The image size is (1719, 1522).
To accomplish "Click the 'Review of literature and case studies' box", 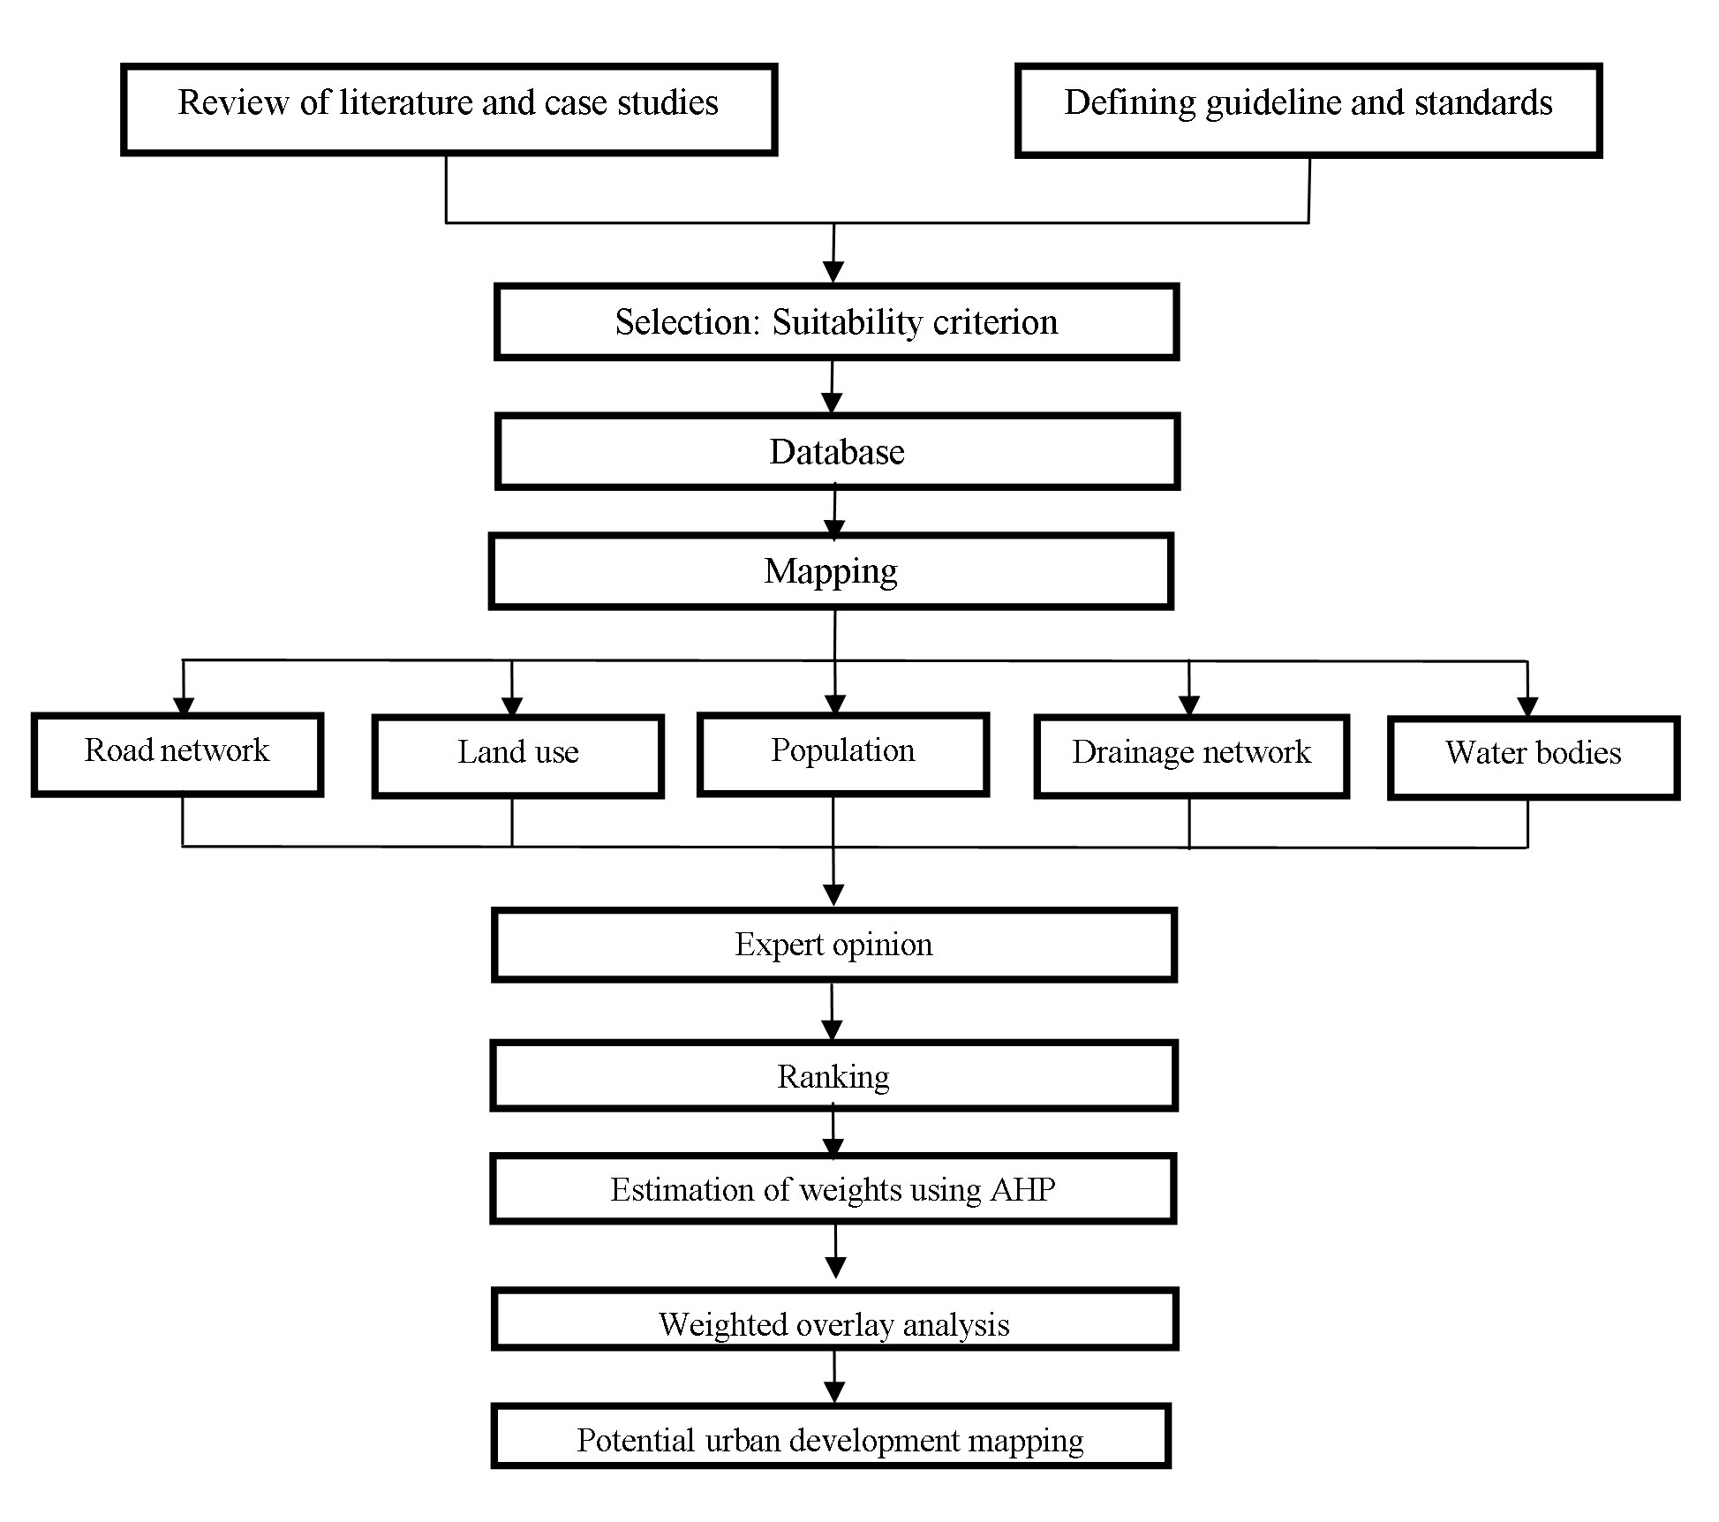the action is click(x=449, y=109).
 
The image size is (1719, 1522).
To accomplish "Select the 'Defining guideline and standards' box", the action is click(x=1308, y=110).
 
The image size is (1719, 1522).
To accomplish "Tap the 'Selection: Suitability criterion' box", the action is click(x=836, y=321).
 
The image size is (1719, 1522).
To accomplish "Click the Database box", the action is click(x=837, y=451).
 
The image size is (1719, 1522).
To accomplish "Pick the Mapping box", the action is click(x=831, y=571).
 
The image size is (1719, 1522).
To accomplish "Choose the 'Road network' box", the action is click(x=177, y=755).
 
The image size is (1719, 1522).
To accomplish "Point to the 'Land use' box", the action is click(x=518, y=757).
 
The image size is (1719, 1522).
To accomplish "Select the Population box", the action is click(x=843, y=755).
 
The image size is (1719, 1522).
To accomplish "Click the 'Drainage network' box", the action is click(x=1192, y=757).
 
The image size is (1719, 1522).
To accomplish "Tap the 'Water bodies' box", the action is click(x=1534, y=758).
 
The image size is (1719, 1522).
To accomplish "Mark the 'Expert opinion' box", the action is click(x=834, y=946).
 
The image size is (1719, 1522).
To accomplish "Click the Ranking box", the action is click(x=834, y=1076).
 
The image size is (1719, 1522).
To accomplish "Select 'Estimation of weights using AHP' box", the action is click(x=833, y=1188).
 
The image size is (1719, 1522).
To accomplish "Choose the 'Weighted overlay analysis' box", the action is click(x=835, y=1320).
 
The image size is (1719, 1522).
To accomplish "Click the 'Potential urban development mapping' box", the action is click(x=831, y=1436).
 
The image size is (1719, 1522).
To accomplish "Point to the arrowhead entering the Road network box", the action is click(x=183, y=706).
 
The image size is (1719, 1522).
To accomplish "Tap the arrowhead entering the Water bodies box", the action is click(x=1527, y=708).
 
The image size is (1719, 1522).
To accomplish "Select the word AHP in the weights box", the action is click(x=1022, y=1190).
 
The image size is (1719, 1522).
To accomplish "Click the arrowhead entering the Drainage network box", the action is click(x=1189, y=706).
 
